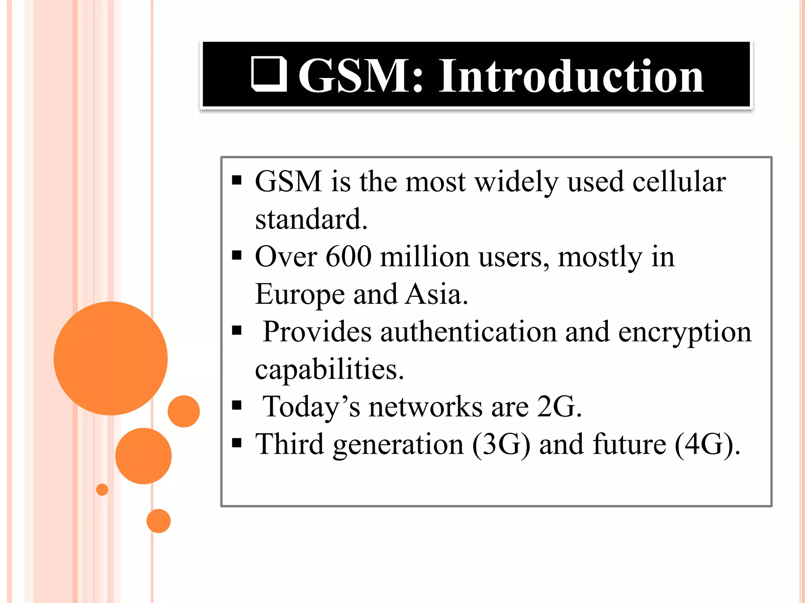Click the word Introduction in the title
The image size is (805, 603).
tap(571, 75)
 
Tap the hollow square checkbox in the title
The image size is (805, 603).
tap(269, 74)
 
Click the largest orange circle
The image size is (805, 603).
tap(110, 358)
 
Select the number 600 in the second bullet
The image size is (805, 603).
tap(348, 257)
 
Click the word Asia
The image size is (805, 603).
tap(436, 294)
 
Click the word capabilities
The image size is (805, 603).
tap(329, 369)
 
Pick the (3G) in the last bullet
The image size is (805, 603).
tap(501, 444)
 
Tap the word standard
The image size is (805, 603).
tap(311, 219)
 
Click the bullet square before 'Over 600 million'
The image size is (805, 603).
tap(237, 256)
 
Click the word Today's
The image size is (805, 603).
tap(311, 407)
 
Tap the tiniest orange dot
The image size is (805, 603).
tap(102, 490)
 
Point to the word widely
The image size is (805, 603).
tap(516, 182)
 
